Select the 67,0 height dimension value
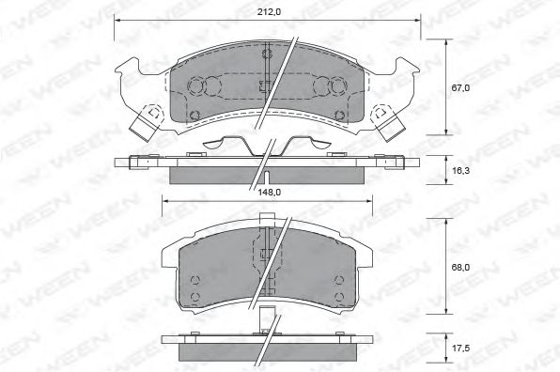tap(459, 87)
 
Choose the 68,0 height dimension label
tap(459, 268)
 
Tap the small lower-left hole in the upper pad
tap(194, 116)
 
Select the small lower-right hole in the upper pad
tap(339, 116)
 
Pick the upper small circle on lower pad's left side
tap(194, 282)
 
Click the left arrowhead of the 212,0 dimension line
tap(118, 21)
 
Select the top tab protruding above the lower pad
tap(267, 222)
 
